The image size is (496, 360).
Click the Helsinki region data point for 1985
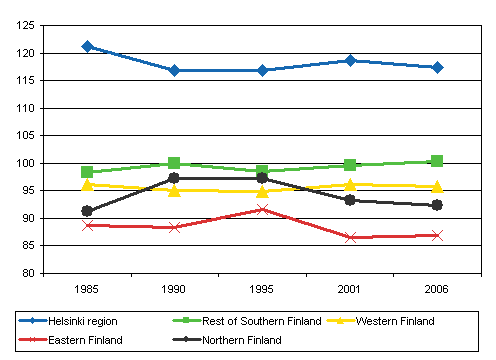[x=88, y=46]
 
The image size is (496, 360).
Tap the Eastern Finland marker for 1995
[x=262, y=209]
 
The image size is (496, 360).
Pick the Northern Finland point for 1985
[x=88, y=211]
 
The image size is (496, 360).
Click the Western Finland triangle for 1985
[x=88, y=184]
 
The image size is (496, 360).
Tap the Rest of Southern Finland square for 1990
[x=175, y=163]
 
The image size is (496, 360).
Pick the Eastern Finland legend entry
[x=84, y=340]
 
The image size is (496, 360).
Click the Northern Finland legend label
[x=246, y=340]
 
